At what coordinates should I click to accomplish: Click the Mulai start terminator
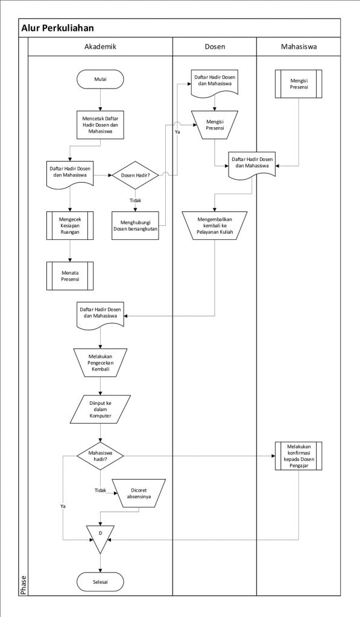(100, 79)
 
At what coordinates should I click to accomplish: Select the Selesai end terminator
(100, 581)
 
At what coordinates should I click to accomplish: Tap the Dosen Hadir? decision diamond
(135, 175)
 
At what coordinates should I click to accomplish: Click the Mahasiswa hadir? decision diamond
(100, 456)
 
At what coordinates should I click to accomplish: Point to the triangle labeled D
(100, 537)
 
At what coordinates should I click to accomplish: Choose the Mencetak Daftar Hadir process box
(100, 125)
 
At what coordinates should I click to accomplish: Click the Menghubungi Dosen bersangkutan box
(135, 225)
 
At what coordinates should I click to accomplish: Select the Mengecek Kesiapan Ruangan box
(70, 225)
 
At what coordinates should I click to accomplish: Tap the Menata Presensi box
(70, 276)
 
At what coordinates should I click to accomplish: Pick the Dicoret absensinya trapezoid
(139, 493)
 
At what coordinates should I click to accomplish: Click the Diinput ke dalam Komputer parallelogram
(100, 409)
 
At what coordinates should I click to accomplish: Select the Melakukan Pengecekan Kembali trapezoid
(100, 363)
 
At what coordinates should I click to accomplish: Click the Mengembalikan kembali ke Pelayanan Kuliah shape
(215, 225)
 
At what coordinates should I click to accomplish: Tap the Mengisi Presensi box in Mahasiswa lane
(298, 84)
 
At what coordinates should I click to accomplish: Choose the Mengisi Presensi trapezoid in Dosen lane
(215, 125)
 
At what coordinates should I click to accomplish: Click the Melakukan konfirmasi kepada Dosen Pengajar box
(298, 456)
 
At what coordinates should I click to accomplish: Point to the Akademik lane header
(100, 46)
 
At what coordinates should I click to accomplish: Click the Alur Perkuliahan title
(57, 28)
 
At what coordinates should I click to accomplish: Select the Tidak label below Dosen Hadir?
(135, 200)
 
